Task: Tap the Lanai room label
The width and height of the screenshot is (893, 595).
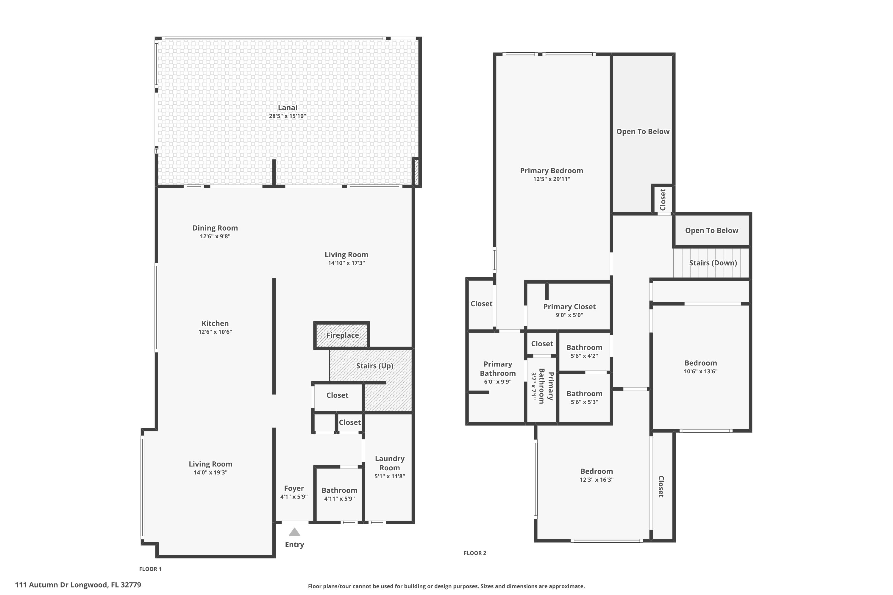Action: [x=288, y=108]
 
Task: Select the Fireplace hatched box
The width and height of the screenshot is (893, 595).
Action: [x=341, y=335]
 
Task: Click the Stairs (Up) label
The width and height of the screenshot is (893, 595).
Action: [x=374, y=366]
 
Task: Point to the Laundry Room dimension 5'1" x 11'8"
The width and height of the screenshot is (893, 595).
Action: [x=390, y=476]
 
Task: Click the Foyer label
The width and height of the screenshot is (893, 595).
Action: [x=294, y=488]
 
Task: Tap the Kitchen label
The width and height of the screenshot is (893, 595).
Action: [x=215, y=323]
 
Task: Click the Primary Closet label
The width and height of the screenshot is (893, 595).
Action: [x=569, y=307]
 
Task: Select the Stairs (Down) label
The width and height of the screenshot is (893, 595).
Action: [x=713, y=263]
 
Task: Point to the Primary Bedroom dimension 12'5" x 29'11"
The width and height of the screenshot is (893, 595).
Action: [x=551, y=179]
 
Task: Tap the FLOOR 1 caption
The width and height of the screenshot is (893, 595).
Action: [x=150, y=569]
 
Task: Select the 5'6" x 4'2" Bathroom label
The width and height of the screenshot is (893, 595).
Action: [x=584, y=347]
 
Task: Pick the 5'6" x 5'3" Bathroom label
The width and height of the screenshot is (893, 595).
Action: [x=584, y=394]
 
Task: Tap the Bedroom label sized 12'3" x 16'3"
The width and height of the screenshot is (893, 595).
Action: [x=596, y=471]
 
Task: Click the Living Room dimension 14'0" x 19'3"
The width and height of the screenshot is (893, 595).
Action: [x=210, y=472]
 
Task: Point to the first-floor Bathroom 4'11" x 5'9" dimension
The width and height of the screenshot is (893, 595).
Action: [x=339, y=499]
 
